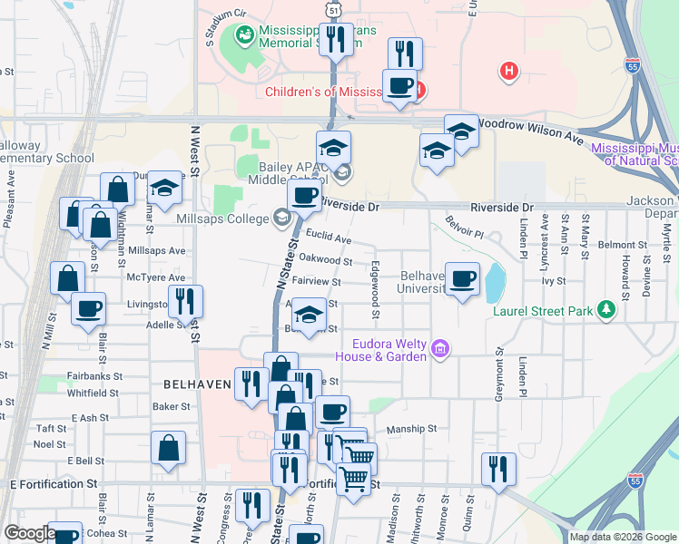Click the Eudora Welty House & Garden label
pos(390,349)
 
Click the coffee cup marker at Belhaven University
pos(463,278)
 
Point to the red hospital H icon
pos(510,70)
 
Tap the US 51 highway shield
pos(335,10)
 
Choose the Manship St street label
pos(411,429)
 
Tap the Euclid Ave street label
pos(329,238)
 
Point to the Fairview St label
pos(316,282)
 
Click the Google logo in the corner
pos(29,533)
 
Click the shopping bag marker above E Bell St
pos(169,448)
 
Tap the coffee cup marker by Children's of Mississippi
pos(399,86)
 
